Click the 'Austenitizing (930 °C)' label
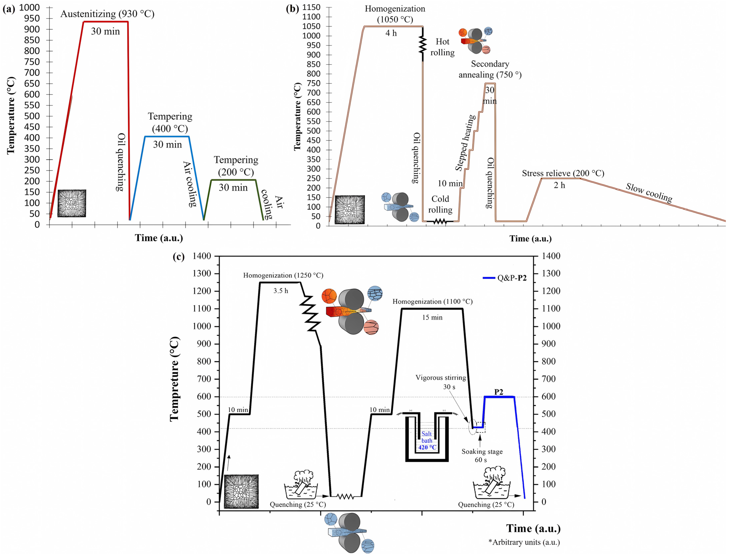coord(107,14)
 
